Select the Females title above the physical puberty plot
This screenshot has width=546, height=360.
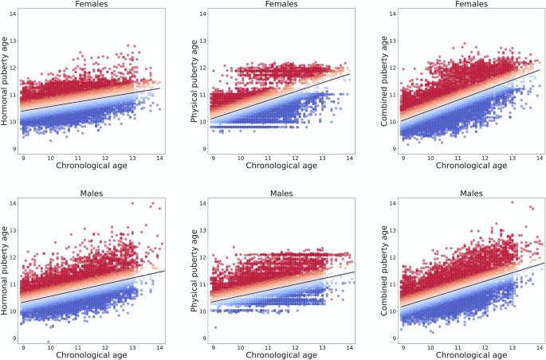281,3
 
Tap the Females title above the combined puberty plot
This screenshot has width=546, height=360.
471,3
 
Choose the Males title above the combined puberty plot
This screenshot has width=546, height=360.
471,193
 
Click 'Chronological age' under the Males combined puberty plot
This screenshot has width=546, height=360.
472,355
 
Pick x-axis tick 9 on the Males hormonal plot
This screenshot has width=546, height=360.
24,346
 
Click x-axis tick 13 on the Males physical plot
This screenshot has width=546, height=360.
323,346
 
